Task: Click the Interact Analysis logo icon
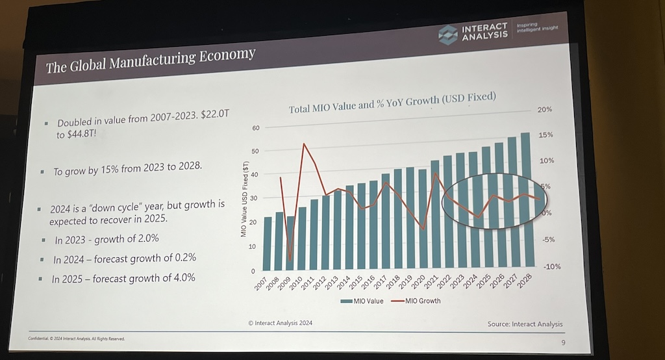(x=447, y=34)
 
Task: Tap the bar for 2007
(x=268, y=243)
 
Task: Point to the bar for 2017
(x=386, y=221)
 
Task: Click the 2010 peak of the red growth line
(x=304, y=144)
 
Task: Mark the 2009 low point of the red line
(x=290, y=259)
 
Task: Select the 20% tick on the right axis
(x=544, y=110)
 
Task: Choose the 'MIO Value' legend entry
(x=362, y=301)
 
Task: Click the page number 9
(x=562, y=342)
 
